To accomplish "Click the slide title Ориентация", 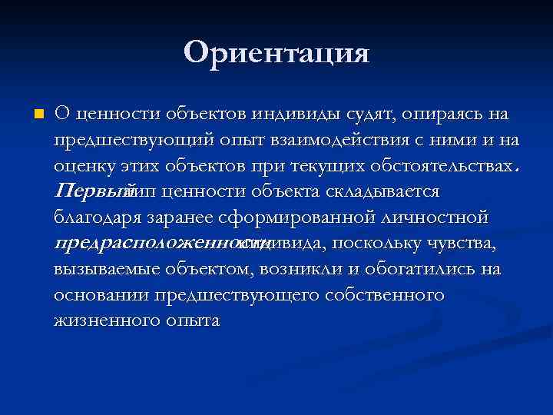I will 276,53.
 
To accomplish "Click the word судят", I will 369,115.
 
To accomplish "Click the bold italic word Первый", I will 88,191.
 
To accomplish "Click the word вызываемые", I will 107,269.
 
